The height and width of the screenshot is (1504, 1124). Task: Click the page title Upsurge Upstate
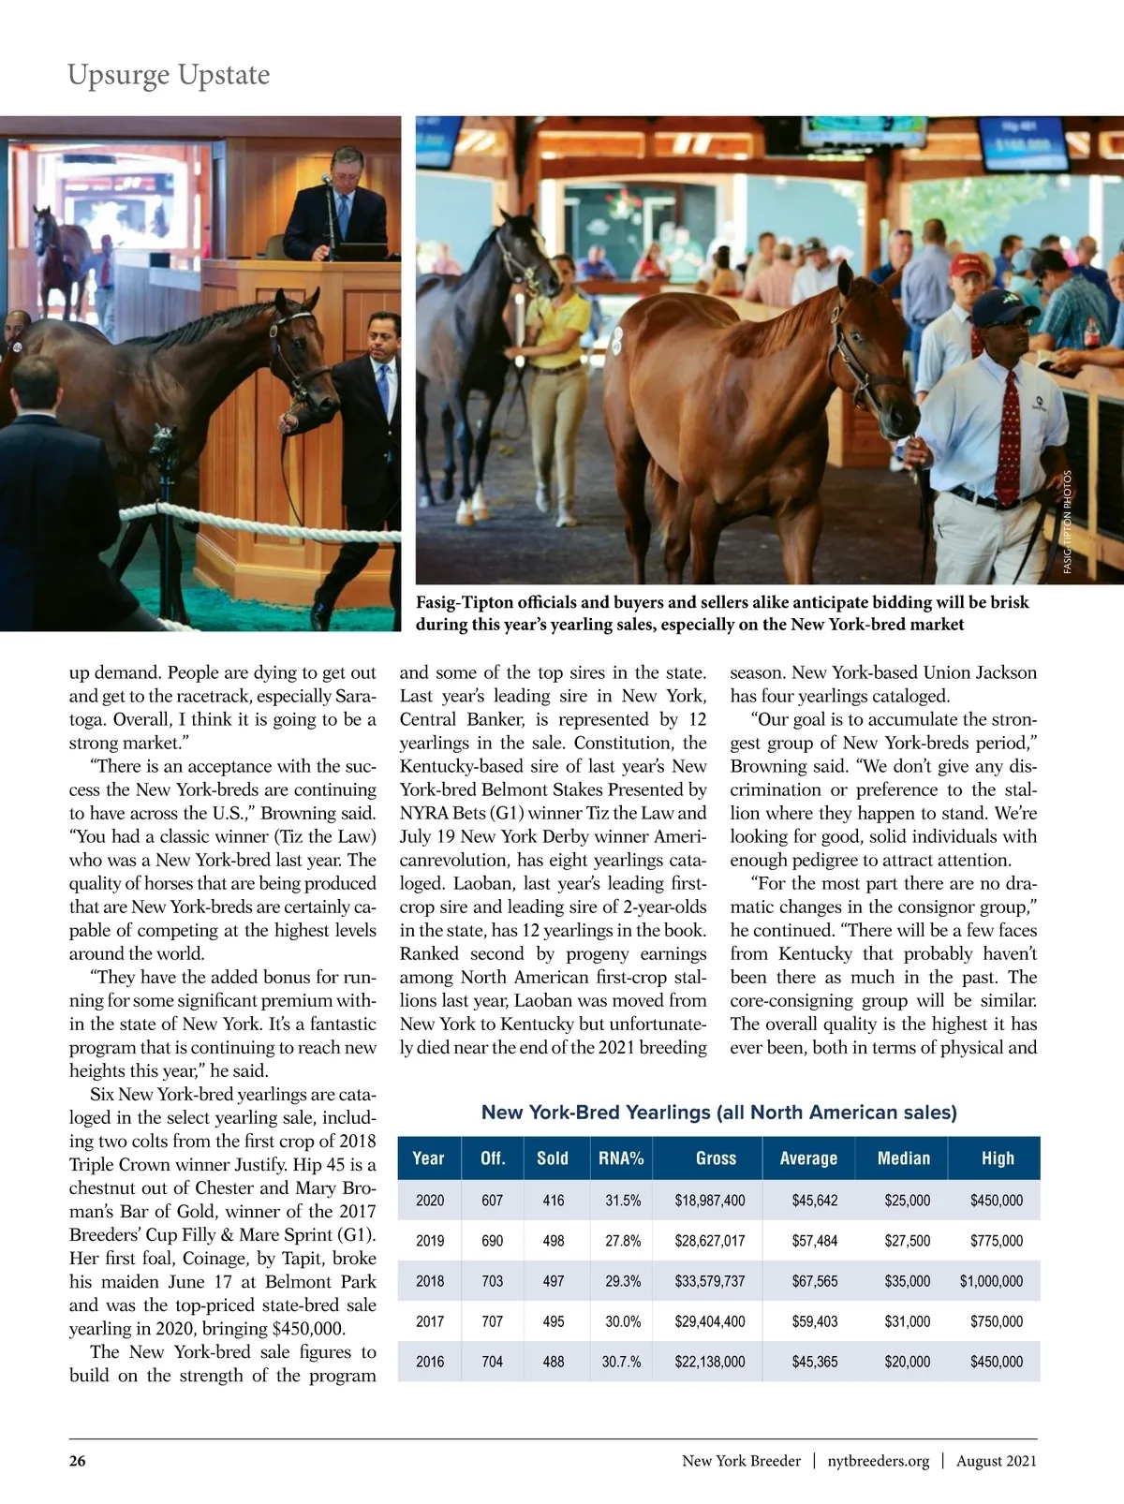coord(169,75)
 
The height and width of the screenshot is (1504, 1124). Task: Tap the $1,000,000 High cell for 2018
coord(991,1281)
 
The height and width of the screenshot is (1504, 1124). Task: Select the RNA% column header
coord(621,1158)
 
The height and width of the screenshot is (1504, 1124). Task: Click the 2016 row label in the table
coord(430,1362)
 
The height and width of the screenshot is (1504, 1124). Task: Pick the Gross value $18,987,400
coord(709,1201)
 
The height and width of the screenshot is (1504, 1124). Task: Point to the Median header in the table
coord(903,1158)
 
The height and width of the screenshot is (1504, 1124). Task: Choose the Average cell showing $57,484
coord(814,1241)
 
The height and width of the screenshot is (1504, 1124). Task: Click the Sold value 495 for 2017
coord(553,1321)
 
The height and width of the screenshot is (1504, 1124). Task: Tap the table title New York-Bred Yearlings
coord(718,1113)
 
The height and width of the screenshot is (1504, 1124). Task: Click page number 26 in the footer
coord(77,1461)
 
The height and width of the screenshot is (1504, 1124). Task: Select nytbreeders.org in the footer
coord(878,1461)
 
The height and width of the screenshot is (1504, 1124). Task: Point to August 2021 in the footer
coord(996,1461)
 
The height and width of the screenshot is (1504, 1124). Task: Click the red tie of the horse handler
coord(1010,435)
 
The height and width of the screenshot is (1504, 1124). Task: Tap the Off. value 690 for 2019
coord(492,1241)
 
